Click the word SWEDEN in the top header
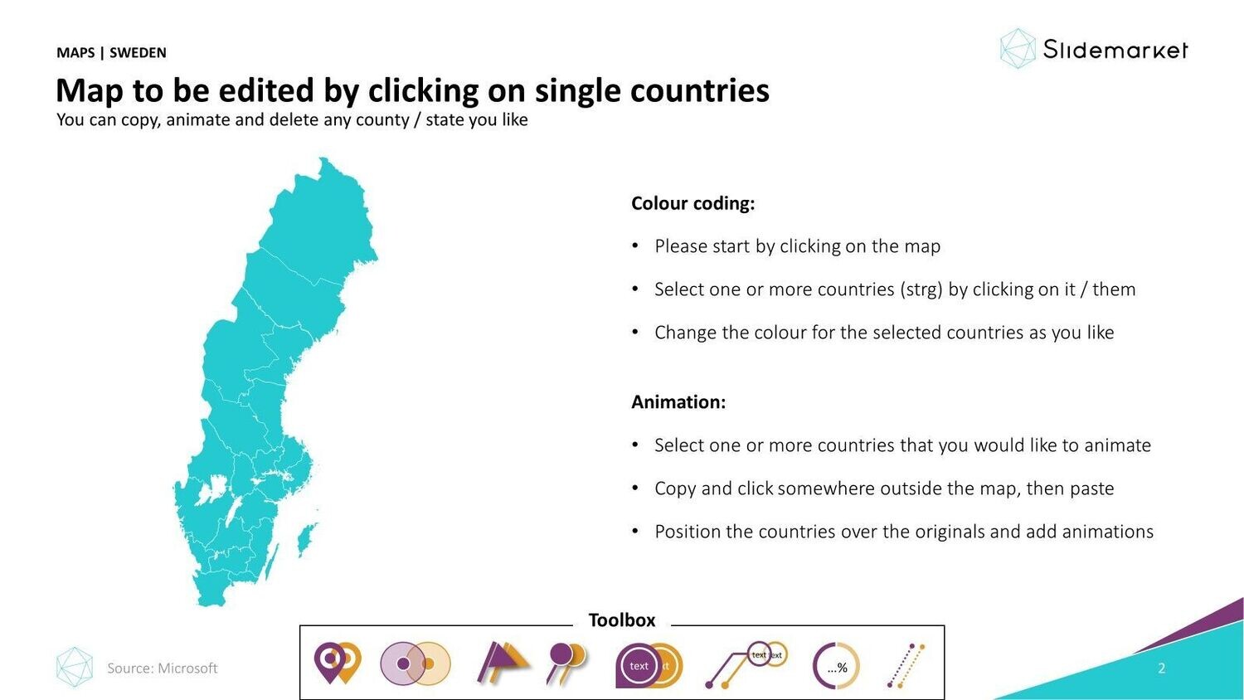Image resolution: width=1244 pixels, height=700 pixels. (x=138, y=53)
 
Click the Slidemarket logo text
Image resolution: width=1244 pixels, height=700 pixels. (x=1115, y=50)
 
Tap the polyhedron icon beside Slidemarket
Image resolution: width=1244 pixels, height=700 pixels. (x=1018, y=49)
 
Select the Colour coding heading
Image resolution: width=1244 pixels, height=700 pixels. (x=693, y=203)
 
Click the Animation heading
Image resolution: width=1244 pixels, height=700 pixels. (x=678, y=401)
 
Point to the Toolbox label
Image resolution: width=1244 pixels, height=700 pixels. (x=622, y=620)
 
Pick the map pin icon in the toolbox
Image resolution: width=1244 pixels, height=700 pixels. (x=338, y=662)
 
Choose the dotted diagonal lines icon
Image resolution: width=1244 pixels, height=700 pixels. (x=906, y=665)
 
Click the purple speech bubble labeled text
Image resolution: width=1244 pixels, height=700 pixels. (x=637, y=665)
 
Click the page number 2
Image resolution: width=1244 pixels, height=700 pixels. (x=1161, y=668)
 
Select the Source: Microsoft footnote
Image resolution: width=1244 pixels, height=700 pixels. (x=163, y=668)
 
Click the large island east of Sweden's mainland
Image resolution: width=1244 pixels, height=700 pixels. (x=306, y=539)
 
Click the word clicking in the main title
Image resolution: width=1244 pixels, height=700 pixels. (x=423, y=90)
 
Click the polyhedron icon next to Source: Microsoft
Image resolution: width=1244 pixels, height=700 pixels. (x=75, y=667)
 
